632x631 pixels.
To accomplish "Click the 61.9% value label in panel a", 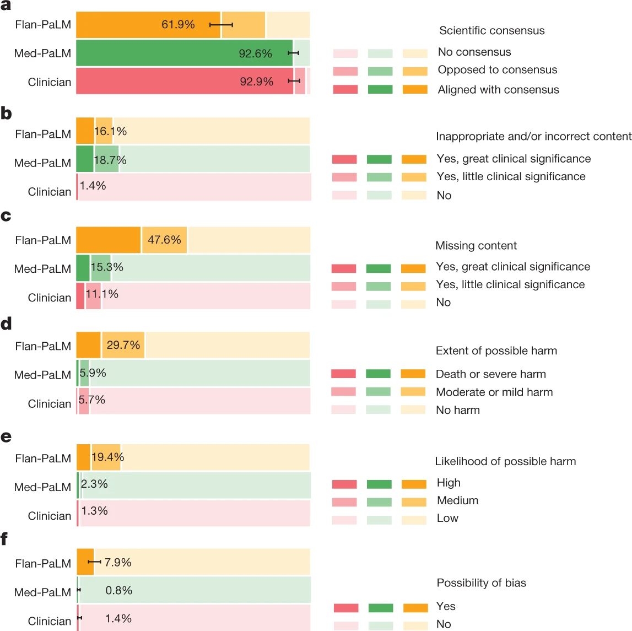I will (x=178, y=25).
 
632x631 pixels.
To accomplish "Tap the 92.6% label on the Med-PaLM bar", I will (x=255, y=53).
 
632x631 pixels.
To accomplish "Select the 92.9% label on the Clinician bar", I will (x=256, y=82).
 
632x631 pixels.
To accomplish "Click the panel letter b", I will (x=6, y=114).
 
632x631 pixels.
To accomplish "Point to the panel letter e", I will (x=6, y=437).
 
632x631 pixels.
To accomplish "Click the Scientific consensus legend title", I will (x=491, y=31).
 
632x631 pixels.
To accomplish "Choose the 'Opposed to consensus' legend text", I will (x=497, y=70).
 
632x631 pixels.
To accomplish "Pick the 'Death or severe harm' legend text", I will (x=490, y=374).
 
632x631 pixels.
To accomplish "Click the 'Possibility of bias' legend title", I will (x=481, y=583).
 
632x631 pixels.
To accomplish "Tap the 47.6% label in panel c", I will (x=164, y=240).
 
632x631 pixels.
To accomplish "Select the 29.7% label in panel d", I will (x=123, y=345).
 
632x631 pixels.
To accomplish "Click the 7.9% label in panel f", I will (x=118, y=563).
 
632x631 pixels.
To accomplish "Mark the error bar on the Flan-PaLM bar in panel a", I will (x=222, y=25).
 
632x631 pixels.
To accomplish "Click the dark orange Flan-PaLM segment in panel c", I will (x=108, y=240).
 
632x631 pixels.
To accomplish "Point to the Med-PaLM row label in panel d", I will (x=42, y=375).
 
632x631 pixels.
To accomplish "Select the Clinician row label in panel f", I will (x=50, y=621).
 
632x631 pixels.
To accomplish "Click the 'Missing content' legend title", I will (x=476, y=246).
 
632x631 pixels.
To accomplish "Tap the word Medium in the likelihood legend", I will (x=457, y=500).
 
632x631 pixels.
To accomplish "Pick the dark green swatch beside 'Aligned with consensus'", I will (x=380, y=89).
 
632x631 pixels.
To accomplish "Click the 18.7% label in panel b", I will (x=110, y=160).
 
